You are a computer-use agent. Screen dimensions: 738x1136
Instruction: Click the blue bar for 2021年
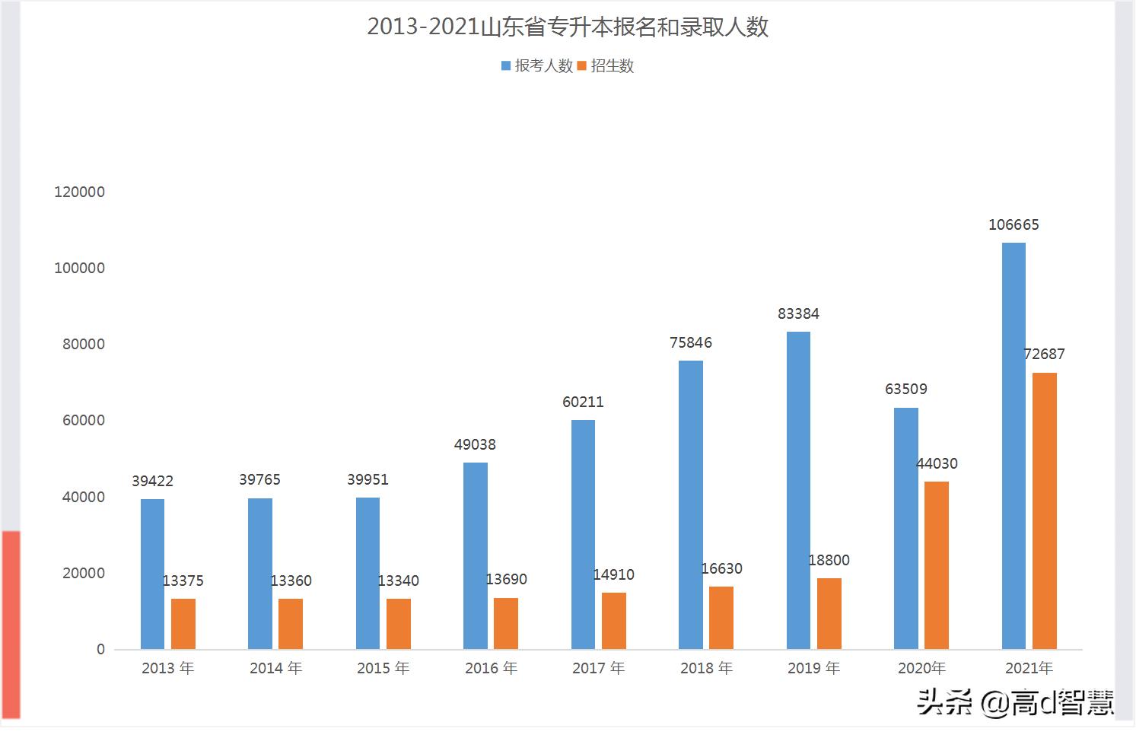click(x=1013, y=446)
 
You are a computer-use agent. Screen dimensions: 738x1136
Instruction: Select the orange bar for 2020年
click(x=937, y=565)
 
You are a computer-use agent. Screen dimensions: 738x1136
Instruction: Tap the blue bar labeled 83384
click(x=798, y=491)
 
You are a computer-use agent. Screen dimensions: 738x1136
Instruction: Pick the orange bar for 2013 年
click(x=183, y=624)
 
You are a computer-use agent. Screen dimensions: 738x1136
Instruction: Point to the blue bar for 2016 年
click(x=476, y=556)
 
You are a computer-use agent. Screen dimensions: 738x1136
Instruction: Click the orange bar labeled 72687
click(x=1045, y=511)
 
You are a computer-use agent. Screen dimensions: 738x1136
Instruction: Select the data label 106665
click(x=1013, y=224)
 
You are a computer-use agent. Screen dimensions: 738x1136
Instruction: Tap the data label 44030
click(x=937, y=463)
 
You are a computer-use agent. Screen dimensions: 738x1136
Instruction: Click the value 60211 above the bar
click(x=583, y=402)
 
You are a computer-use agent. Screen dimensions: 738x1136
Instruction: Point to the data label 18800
click(x=829, y=560)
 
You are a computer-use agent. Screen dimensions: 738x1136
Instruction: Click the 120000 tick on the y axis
click(x=79, y=192)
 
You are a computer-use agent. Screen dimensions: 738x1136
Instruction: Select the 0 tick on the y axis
click(x=100, y=650)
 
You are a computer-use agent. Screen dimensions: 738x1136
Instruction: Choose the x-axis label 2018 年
click(x=706, y=668)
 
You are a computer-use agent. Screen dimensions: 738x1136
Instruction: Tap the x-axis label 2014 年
click(x=275, y=668)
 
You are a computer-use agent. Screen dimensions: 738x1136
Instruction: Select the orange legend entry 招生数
click(x=606, y=66)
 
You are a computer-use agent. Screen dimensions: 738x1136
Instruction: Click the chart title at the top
click(x=568, y=27)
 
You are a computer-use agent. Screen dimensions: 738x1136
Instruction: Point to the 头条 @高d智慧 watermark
click(x=1016, y=701)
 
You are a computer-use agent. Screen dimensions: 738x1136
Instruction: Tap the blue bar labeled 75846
click(x=691, y=505)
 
